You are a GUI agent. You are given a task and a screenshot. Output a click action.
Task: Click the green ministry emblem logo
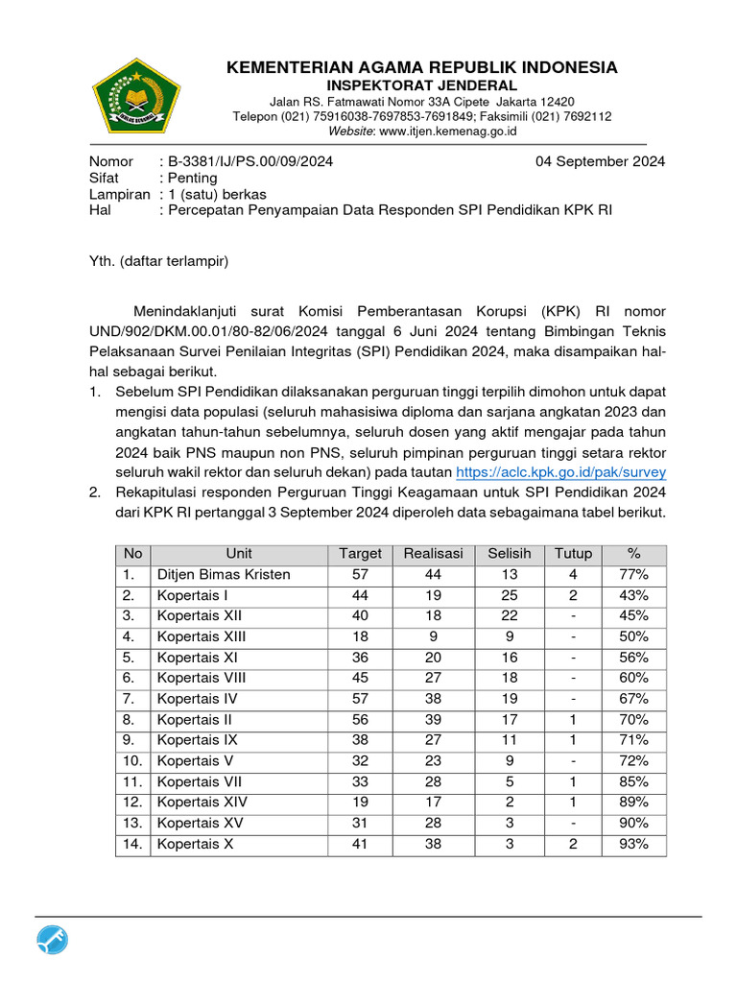click(135, 96)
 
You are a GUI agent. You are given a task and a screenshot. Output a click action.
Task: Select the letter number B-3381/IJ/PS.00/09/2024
click(250, 161)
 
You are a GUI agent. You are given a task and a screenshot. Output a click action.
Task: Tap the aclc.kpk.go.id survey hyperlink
click(560, 472)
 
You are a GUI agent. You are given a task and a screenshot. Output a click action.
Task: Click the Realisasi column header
click(433, 554)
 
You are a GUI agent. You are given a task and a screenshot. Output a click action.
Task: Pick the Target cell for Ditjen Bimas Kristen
click(360, 574)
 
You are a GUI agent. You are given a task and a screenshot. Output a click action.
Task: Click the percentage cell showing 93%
click(632, 844)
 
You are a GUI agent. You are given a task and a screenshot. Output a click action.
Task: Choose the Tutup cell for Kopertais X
click(573, 844)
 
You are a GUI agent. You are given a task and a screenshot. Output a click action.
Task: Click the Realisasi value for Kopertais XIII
click(433, 636)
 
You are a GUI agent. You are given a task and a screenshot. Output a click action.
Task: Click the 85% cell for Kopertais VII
click(632, 781)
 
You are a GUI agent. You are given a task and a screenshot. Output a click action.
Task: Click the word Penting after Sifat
click(192, 178)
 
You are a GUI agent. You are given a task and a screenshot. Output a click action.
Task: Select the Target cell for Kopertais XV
click(360, 823)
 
